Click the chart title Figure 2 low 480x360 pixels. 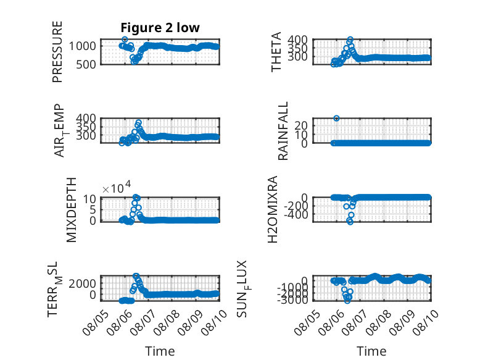160,28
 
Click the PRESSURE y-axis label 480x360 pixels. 57,52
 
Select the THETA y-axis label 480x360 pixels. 276,52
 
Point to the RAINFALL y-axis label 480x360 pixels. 283,131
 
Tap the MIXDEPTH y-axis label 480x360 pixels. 71,210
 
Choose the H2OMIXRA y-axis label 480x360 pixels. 273,209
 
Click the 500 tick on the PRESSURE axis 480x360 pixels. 86,65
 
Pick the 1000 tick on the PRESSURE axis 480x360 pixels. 82,46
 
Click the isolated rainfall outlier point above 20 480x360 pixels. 336,119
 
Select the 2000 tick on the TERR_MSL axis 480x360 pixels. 82,283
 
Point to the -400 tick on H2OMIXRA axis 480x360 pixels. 296,215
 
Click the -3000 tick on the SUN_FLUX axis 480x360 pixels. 292,299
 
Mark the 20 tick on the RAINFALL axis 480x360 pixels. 301,125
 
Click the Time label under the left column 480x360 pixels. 160,351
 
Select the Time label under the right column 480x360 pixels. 371,351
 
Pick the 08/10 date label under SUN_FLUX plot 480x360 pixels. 426,322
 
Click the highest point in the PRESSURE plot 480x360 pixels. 125,40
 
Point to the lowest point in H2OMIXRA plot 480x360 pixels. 350,222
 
